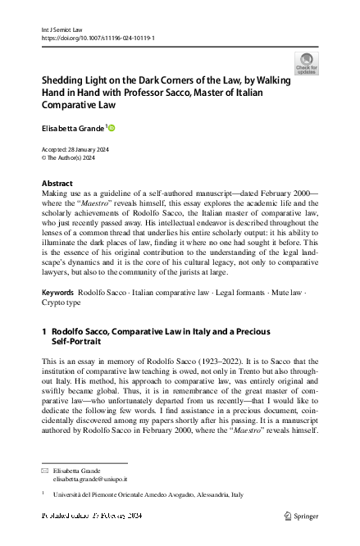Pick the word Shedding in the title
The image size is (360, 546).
pos(62,82)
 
